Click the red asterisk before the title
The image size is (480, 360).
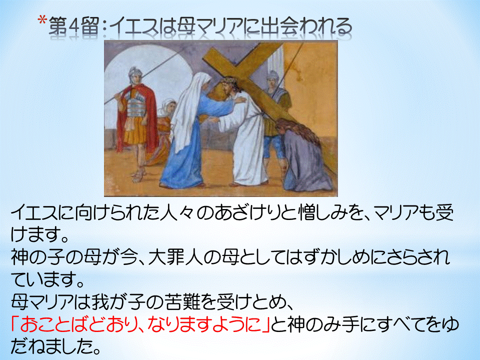click(42, 21)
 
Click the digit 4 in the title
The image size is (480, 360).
click(73, 25)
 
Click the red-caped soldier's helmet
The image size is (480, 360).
click(135, 73)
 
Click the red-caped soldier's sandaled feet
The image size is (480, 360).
click(138, 175)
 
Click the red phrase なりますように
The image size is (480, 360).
click(203, 325)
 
